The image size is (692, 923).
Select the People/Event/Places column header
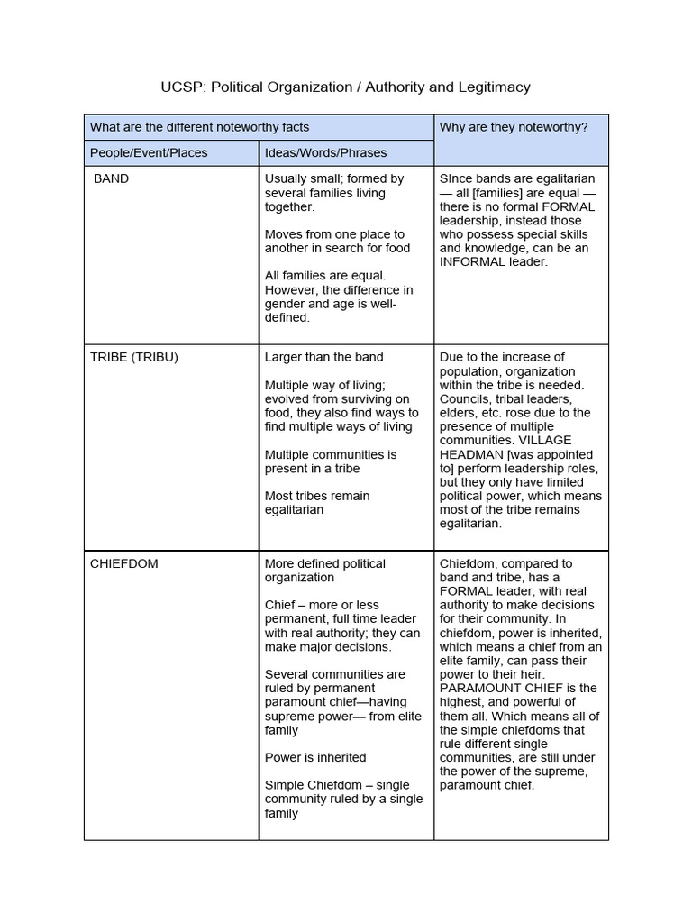(149, 152)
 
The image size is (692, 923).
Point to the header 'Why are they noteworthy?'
(514, 127)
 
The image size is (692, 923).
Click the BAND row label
(112, 178)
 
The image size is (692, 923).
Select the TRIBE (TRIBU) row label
(134, 357)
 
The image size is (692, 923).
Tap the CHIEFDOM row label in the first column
(124, 563)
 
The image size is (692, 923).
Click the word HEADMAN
(471, 455)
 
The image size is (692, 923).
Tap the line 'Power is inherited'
(315, 757)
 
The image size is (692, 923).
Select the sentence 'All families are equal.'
(324, 276)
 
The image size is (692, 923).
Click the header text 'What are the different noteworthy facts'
(200, 127)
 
